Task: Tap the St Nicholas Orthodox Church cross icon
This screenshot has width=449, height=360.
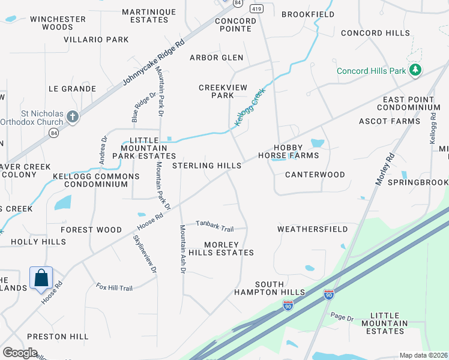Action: [73, 116]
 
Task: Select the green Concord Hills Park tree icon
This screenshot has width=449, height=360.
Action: [414, 71]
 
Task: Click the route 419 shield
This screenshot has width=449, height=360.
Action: [257, 9]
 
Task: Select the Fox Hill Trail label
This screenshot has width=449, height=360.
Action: [114, 288]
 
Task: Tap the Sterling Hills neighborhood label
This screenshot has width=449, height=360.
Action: [207, 166]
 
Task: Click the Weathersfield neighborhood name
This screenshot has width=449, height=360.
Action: [312, 229]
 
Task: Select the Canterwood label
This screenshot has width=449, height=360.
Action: [315, 175]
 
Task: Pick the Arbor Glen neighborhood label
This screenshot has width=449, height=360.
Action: [217, 58]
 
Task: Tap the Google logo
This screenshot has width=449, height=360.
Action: [20, 353]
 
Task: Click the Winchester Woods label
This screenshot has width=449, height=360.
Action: [58, 23]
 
